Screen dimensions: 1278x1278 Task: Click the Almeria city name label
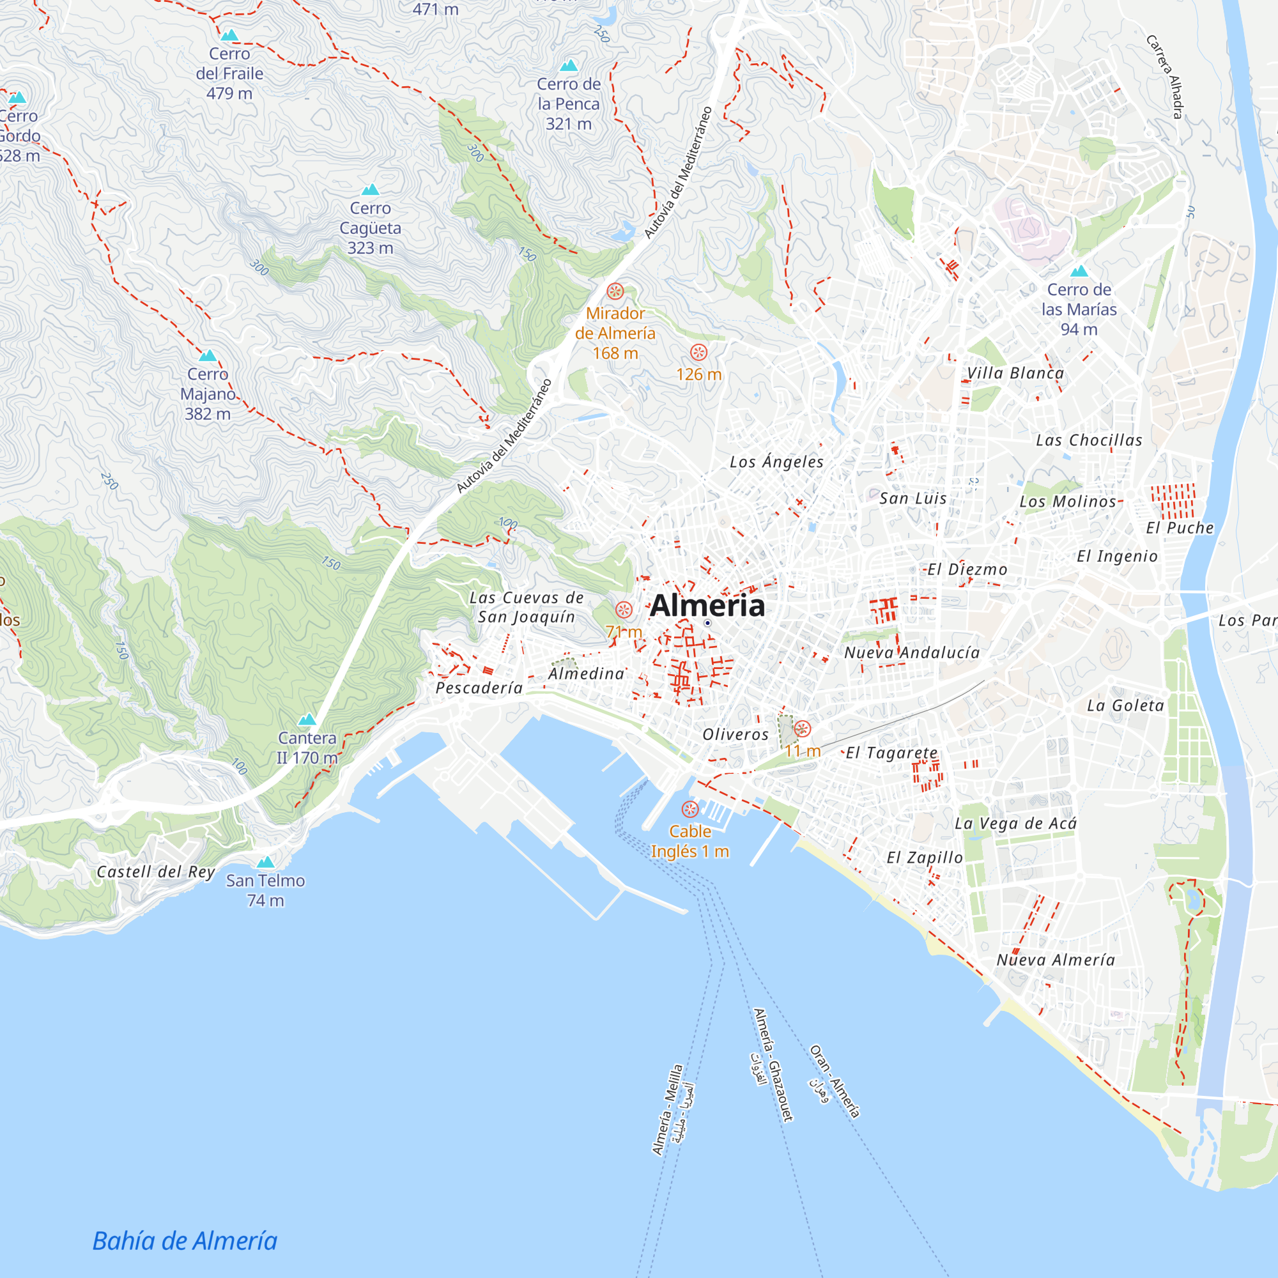pyautogui.click(x=707, y=606)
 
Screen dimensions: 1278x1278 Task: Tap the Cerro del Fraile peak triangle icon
pyautogui.click(x=229, y=35)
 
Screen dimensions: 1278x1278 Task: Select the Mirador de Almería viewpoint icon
pyautogui.click(x=615, y=291)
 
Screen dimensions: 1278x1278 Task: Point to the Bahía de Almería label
pyautogui.click(x=185, y=1241)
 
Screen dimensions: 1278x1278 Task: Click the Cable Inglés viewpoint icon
pyautogui.click(x=690, y=809)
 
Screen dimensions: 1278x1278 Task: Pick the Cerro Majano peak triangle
pyautogui.click(x=208, y=356)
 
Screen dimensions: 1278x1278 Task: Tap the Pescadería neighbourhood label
pyautogui.click(x=479, y=688)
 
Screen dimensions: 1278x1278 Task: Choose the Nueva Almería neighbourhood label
pyautogui.click(x=1056, y=960)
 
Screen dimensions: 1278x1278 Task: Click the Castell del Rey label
pyautogui.click(x=155, y=872)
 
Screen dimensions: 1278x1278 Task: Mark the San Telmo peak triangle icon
pyautogui.click(x=265, y=862)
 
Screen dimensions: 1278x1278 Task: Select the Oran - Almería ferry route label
pyautogui.click(x=835, y=1081)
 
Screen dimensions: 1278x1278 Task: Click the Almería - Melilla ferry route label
pyautogui.click(x=666, y=1109)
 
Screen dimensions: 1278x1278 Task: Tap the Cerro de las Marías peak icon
pyautogui.click(x=1079, y=271)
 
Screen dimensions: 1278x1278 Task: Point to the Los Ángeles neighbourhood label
pyautogui.click(x=776, y=462)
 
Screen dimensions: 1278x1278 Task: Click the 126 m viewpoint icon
pyautogui.click(x=698, y=352)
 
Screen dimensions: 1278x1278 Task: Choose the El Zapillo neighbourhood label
pyautogui.click(x=924, y=858)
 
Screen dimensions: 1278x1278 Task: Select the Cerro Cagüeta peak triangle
pyautogui.click(x=371, y=190)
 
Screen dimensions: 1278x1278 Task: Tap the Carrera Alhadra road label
pyautogui.click(x=1164, y=77)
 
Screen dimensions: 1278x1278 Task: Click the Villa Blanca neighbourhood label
pyautogui.click(x=1015, y=373)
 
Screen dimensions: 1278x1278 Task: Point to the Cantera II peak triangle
pyautogui.click(x=307, y=719)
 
